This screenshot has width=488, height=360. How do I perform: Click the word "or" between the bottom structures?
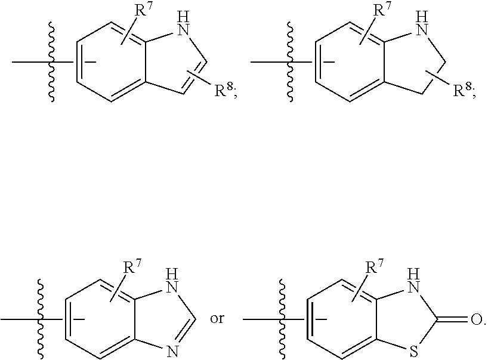point(217,319)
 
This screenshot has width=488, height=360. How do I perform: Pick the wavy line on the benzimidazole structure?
point(41,319)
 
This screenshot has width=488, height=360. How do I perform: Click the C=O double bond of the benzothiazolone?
point(452,320)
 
